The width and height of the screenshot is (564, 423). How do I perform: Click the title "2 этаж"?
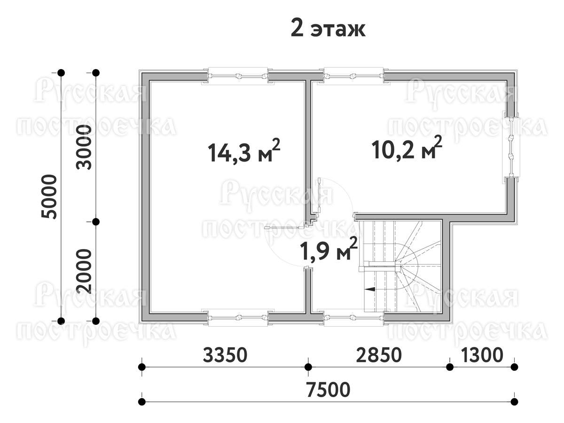328,30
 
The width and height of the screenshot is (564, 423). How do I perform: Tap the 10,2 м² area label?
407,148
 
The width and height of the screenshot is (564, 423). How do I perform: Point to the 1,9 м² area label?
329,249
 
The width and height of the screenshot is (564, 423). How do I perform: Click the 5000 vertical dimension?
49,197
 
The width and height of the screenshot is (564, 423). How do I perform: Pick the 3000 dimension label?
84,147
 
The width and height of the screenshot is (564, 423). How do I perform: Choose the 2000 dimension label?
84,271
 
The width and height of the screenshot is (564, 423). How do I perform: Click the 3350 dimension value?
225,355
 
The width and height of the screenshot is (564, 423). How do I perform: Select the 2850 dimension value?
379,355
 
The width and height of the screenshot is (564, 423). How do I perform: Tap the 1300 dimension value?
482,355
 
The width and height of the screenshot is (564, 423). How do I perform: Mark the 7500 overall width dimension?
329,389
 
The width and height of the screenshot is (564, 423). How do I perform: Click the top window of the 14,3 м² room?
238,76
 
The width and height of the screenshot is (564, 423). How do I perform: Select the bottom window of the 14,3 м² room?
238,317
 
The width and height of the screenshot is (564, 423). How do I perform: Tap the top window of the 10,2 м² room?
353,76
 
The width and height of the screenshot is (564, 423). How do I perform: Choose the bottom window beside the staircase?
353,317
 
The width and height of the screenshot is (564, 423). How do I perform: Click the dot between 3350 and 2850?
308,367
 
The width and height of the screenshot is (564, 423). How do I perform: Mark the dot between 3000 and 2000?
96,222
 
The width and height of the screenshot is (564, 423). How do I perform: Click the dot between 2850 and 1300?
450,367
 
